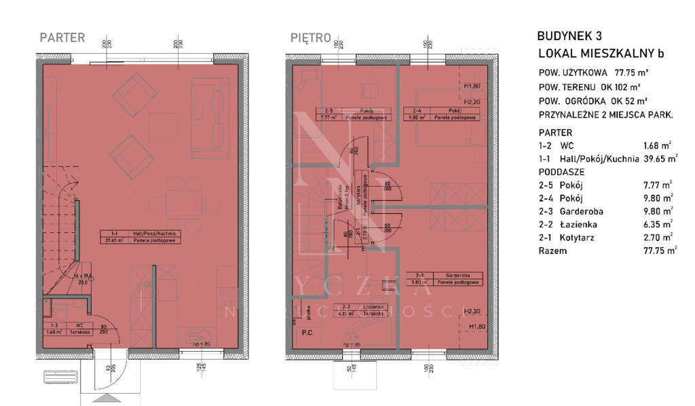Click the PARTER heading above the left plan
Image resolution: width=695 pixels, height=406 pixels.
pyautogui.click(x=62, y=38)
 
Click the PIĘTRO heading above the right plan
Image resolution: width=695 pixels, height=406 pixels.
pyautogui.click(x=310, y=38)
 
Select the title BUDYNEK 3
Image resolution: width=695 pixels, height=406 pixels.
pyautogui.click(x=569, y=37)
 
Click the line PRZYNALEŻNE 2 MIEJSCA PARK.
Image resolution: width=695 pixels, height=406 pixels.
pyautogui.click(x=605, y=115)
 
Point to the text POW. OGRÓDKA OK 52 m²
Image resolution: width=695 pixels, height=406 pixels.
pyautogui.click(x=589, y=101)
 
